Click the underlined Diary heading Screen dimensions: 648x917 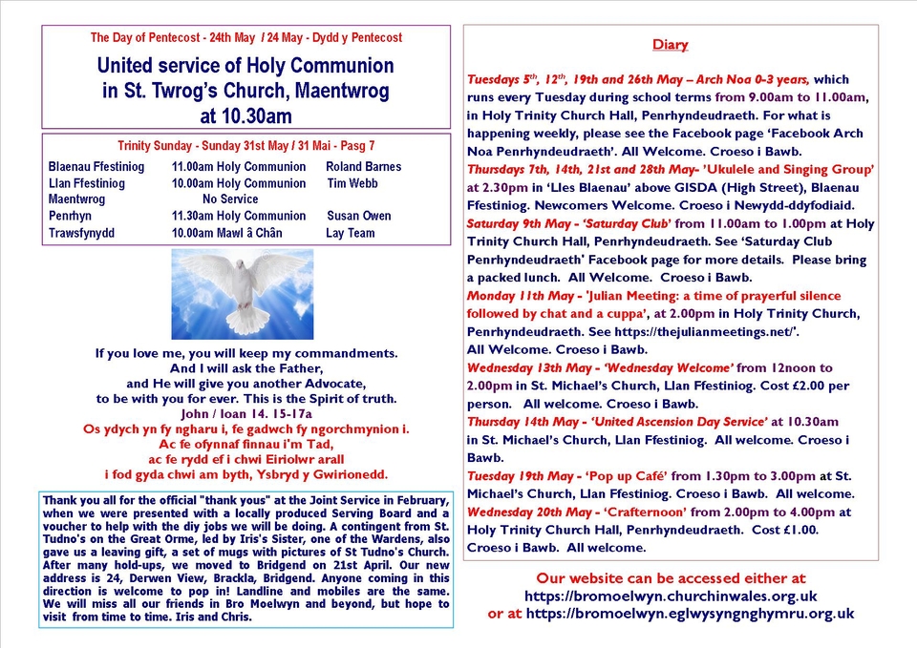(670, 45)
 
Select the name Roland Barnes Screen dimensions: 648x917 (364, 167)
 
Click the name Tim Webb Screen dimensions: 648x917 (352, 183)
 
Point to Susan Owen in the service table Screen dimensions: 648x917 (358, 216)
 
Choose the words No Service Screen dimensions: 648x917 (230, 199)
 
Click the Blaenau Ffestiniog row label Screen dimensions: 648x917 (96, 167)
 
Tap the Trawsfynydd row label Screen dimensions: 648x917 (81, 232)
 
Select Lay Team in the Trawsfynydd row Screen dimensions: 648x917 (351, 232)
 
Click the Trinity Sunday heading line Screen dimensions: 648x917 (245, 146)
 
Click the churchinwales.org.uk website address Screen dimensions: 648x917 (671, 596)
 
